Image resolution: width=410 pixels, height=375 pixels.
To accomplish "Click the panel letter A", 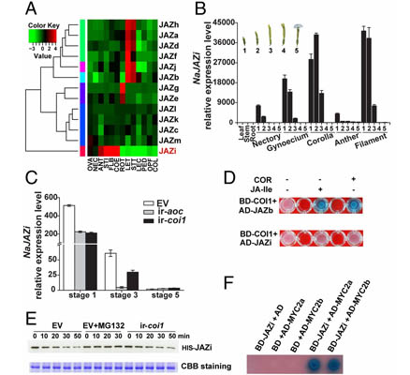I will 10,11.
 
